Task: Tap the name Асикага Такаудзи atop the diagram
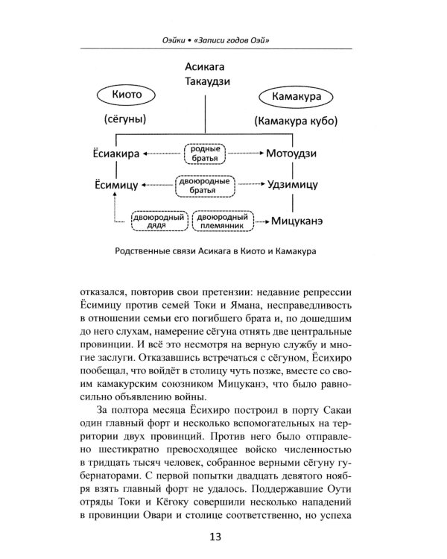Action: click(204, 75)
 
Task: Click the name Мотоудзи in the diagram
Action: click(292, 154)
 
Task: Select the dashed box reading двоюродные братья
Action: click(203, 184)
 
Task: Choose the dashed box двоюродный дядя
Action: click(159, 221)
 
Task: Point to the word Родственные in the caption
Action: click(159, 251)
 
